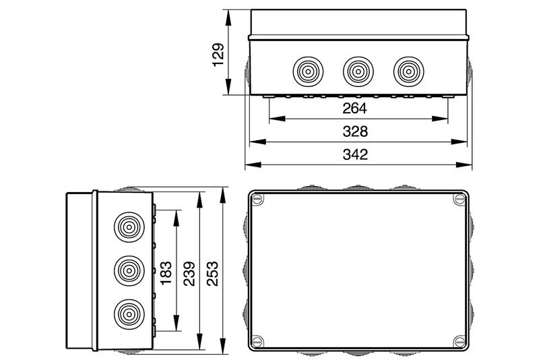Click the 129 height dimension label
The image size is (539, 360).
coord(218,55)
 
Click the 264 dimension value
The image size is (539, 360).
coord(355,109)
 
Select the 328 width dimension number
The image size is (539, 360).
coord(355,131)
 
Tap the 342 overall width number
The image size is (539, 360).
coord(355,154)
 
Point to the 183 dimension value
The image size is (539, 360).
coord(166,272)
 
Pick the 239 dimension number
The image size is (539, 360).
coord(189,274)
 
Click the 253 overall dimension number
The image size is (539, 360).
coord(212,274)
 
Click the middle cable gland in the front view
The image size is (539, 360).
coord(358,72)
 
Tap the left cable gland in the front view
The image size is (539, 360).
coord(308,72)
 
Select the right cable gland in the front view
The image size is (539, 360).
coord(408,72)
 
